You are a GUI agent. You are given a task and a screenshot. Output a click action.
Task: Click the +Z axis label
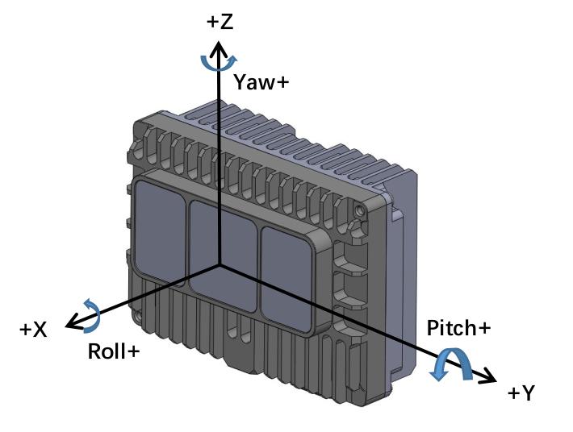(x=220, y=22)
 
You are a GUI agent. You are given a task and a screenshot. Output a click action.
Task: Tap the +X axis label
(x=33, y=330)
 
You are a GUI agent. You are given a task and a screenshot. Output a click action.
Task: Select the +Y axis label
(x=521, y=393)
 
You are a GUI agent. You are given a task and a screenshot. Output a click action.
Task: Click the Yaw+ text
(x=261, y=81)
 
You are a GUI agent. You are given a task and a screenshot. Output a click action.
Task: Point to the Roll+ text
(x=114, y=351)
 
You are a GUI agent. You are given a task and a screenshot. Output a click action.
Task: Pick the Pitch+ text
(x=458, y=328)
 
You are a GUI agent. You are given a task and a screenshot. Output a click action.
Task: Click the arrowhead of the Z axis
(x=219, y=48)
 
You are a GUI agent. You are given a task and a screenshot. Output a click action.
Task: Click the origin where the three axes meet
(x=219, y=264)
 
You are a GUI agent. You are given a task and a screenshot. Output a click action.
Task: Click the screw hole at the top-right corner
(x=361, y=210)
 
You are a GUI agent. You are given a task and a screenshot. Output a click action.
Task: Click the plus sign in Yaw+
(x=282, y=83)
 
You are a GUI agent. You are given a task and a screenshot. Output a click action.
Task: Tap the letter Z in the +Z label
(x=227, y=22)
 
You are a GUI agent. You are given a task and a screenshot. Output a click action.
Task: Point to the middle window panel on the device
(x=223, y=255)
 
